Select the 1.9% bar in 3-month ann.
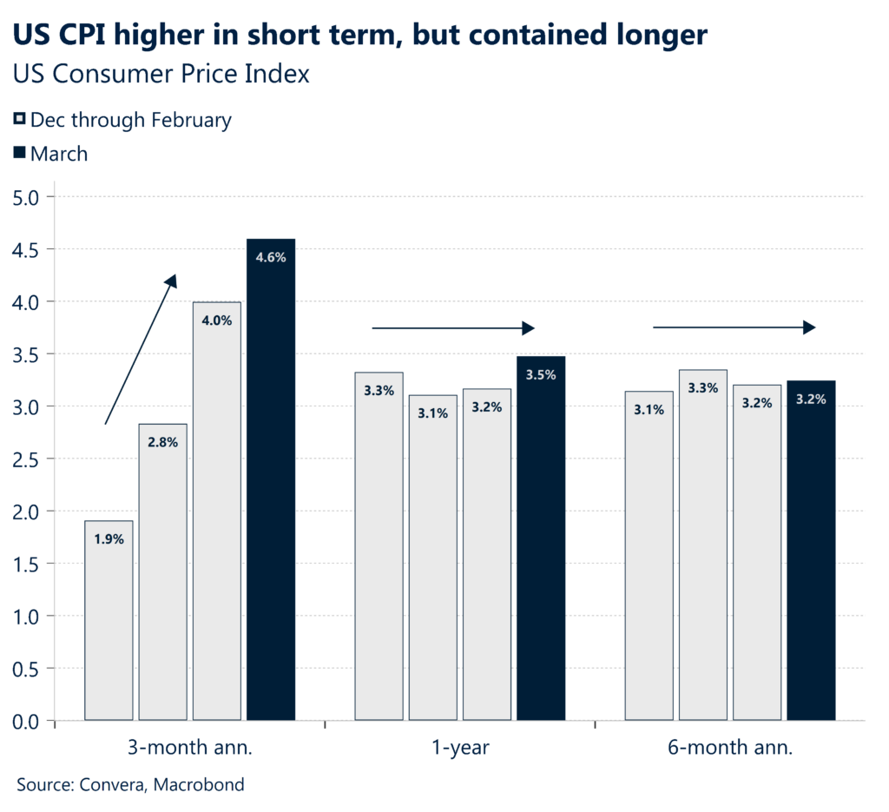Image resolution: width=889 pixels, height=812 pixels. click(x=109, y=621)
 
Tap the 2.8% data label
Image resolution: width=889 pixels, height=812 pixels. click(x=162, y=442)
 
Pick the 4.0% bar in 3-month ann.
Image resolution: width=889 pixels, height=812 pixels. click(x=217, y=512)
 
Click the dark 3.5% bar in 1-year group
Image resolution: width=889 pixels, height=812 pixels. click(x=541, y=538)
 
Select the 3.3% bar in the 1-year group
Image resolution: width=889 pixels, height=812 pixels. click(x=379, y=547)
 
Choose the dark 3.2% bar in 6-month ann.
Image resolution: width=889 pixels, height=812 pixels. click(x=811, y=551)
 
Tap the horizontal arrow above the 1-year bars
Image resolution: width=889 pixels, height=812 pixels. click(x=452, y=327)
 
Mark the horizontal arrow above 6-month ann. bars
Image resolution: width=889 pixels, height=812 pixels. click(x=734, y=327)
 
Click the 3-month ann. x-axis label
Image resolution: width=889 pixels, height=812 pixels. click(x=189, y=747)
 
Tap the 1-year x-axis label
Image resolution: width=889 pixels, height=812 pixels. click(x=459, y=747)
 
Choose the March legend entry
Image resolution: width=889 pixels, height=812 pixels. click(x=58, y=154)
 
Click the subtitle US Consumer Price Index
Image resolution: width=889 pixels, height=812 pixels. click(x=161, y=74)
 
